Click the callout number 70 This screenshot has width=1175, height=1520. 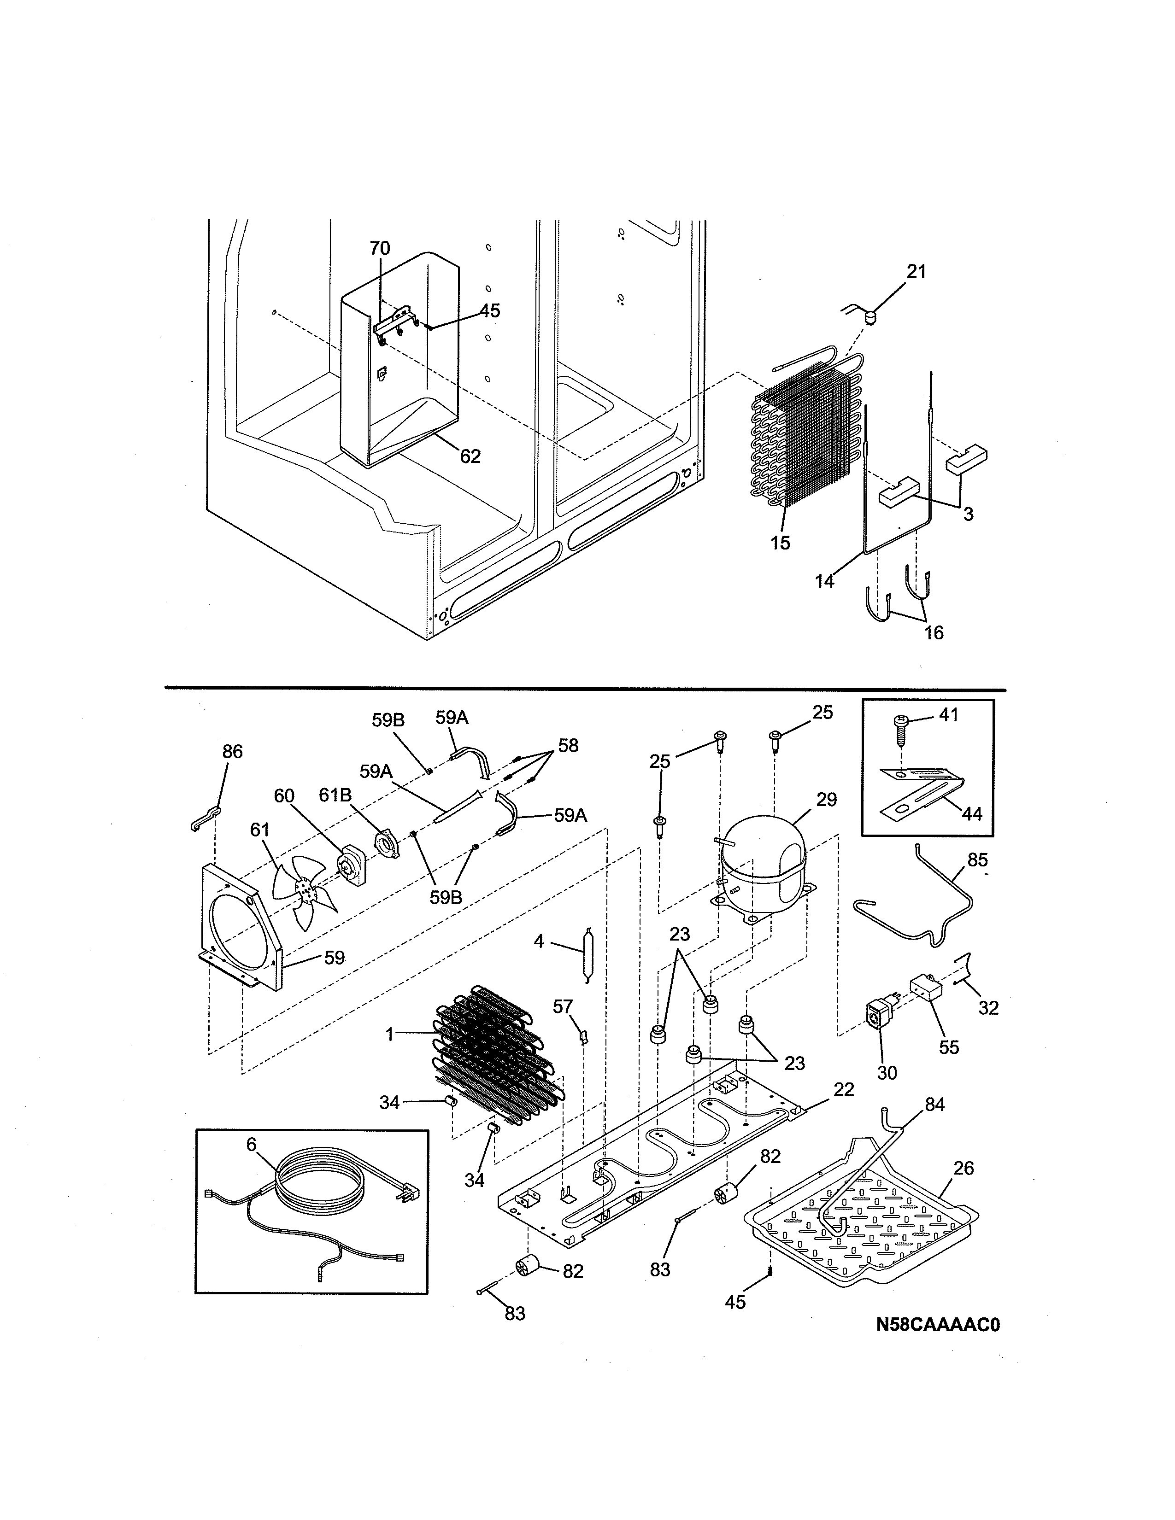[379, 248]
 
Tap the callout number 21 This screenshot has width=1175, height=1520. [916, 271]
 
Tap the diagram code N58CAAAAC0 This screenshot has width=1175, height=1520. [938, 1325]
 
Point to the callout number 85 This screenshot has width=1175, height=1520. [977, 860]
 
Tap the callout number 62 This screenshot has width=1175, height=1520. [470, 456]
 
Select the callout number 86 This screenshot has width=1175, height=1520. [233, 752]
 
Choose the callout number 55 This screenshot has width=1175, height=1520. [949, 1047]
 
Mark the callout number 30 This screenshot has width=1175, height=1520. [887, 1073]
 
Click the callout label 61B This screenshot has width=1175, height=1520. [335, 795]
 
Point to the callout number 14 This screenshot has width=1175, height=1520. [824, 581]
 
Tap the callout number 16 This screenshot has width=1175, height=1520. [934, 632]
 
